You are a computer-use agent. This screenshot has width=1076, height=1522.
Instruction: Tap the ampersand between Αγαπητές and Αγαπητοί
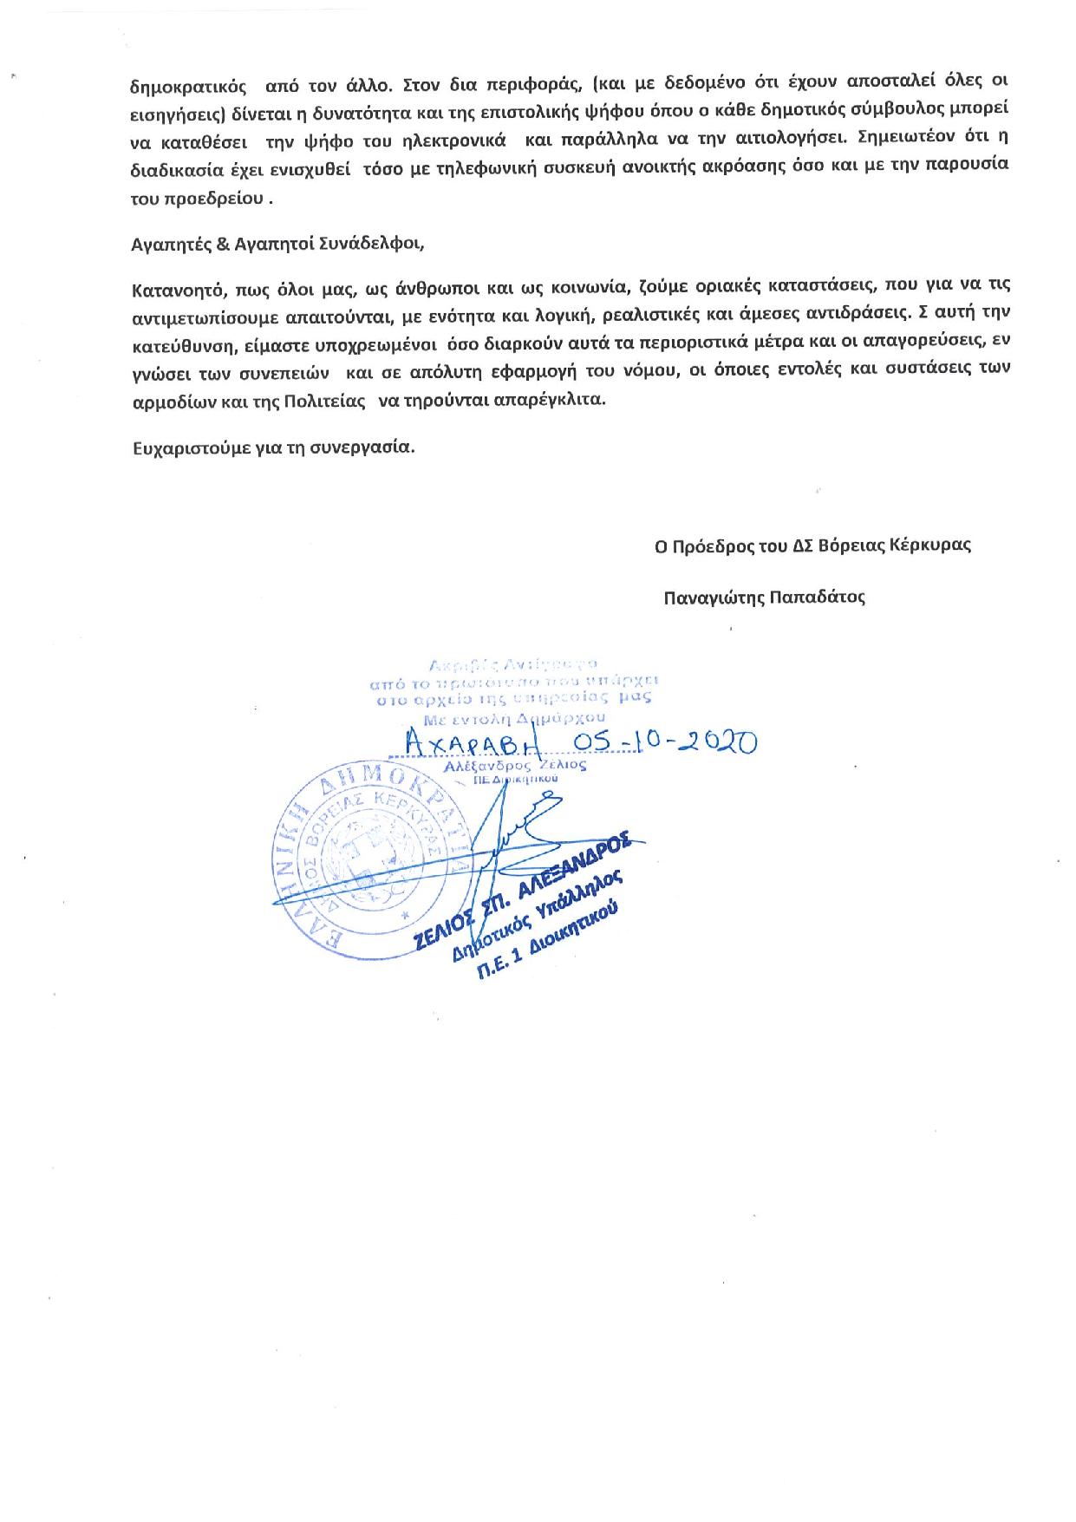tap(221, 244)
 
